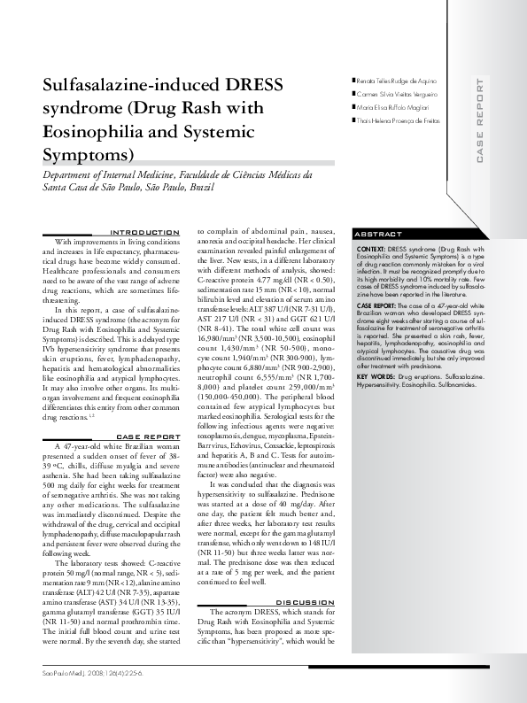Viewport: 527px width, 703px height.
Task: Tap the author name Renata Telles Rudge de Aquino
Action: coord(399,81)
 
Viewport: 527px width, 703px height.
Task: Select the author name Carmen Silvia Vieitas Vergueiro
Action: coord(397,94)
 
